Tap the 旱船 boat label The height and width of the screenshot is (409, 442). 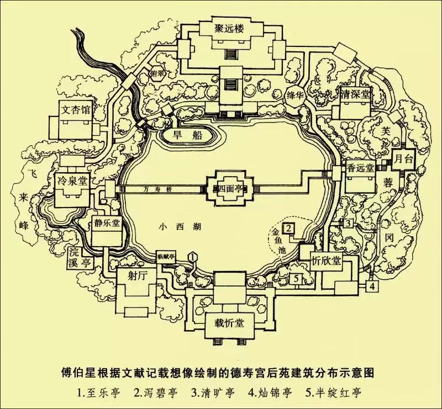pyautogui.click(x=187, y=134)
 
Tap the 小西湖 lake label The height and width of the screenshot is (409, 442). pyautogui.click(x=172, y=226)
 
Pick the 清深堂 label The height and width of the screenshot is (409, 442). pyautogui.click(x=356, y=94)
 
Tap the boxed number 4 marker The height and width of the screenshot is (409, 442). pyautogui.click(x=373, y=286)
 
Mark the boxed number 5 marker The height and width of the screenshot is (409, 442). pyautogui.click(x=297, y=279)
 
